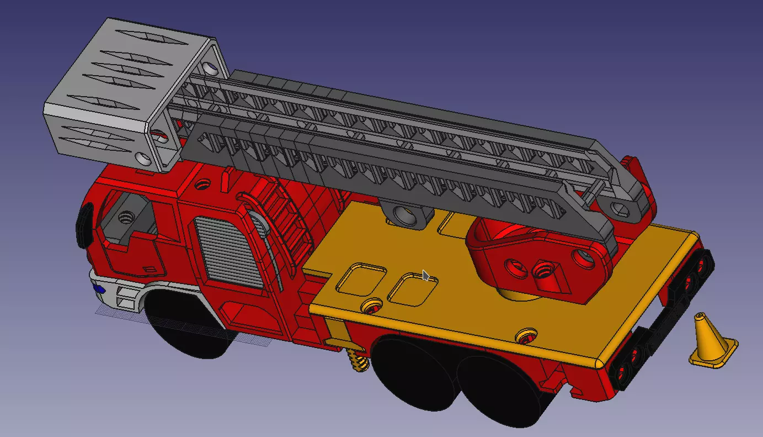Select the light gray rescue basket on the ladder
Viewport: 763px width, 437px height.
(105, 94)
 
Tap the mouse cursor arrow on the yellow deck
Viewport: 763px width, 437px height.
(425, 275)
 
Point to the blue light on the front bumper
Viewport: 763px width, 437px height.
(99, 288)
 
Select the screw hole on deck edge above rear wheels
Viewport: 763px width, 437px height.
(526, 335)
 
